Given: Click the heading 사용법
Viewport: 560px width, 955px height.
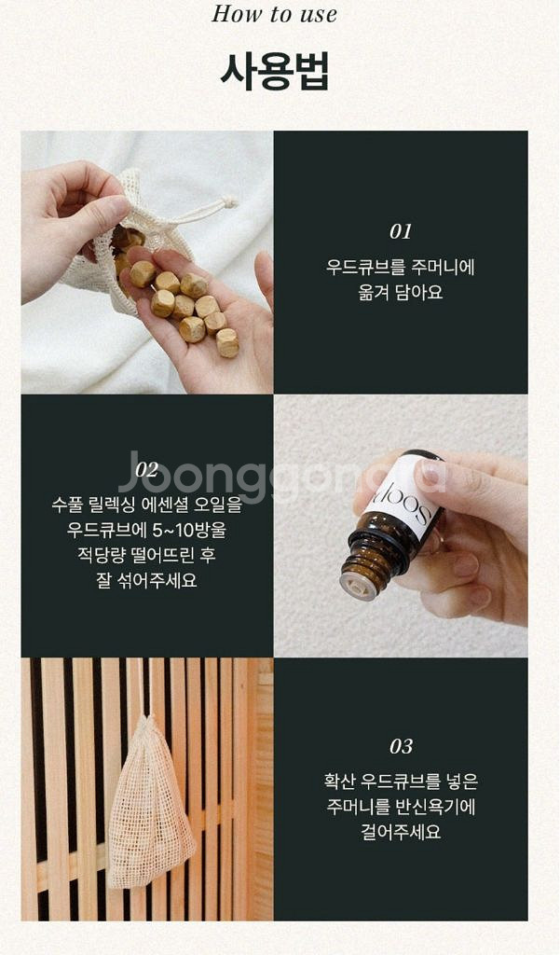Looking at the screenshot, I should point(275,71).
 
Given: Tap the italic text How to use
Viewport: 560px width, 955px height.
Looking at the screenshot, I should point(275,14).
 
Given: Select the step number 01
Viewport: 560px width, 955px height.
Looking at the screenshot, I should point(401,231).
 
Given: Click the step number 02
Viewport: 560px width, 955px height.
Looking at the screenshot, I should point(147,469).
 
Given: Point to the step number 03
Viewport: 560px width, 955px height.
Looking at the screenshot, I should point(401,746).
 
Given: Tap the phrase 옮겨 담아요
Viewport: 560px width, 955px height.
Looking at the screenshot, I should point(401,292).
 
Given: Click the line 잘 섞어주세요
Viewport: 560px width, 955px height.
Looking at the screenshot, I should point(147,579).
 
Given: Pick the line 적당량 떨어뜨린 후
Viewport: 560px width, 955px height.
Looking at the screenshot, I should point(147,554).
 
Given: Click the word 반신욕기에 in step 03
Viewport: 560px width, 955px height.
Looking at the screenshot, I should point(436,807).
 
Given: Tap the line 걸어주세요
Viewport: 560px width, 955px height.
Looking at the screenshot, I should point(401,831).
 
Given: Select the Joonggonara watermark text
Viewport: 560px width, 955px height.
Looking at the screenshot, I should point(280,476).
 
